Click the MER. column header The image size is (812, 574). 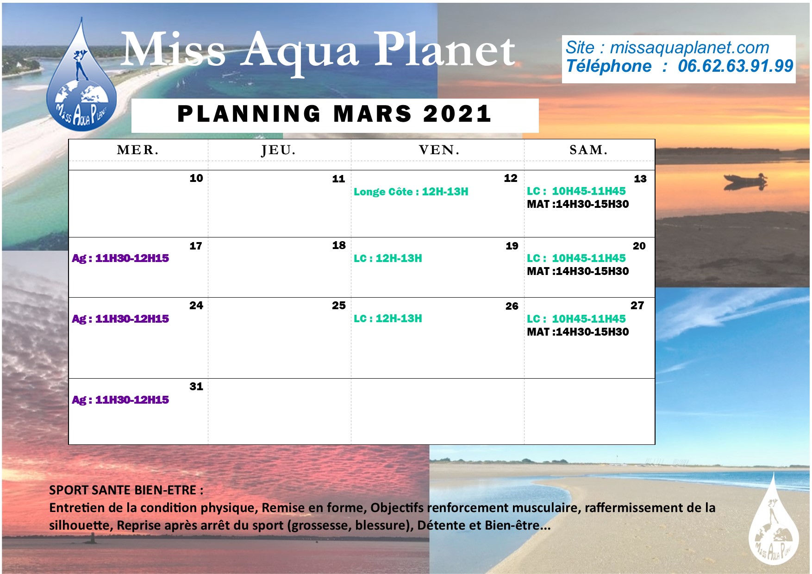pyautogui.click(x=138, y=150)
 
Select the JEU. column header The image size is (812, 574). pyautogui.click(x=278, y=150)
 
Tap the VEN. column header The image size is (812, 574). pyautogui.click(x=439, y=150)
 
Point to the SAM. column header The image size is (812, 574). pyautogui.click(x=588, y=150)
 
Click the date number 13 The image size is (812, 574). pyautogui.click(x=640, y=179)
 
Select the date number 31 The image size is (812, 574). pyautogui.click(x=196, y=387)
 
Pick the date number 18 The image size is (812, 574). pyautogui.click(x=339, y=245)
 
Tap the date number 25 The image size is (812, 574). pyautogui.click(x=339, y=306)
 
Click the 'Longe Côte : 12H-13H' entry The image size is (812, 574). pyautogui.click(x=411, y=192)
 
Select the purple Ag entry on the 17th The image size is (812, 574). pyautogui.click(x=120, y=258)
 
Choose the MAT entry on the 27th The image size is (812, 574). pyautogui.click(x=578, y=332)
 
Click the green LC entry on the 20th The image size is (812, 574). pyautogui.click(x=576, y=258)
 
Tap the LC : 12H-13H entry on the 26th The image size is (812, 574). pyautogui.click(x=388, y=318)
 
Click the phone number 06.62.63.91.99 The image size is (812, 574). pyautogui.click(x=736, y=66)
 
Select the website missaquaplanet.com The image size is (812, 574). pyautogui.click(x=689, y=48)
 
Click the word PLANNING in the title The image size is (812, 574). pyautogui.click(x=249, y=114)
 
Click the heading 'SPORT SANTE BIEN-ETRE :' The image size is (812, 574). pyautogui.click(x=126, y=490)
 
